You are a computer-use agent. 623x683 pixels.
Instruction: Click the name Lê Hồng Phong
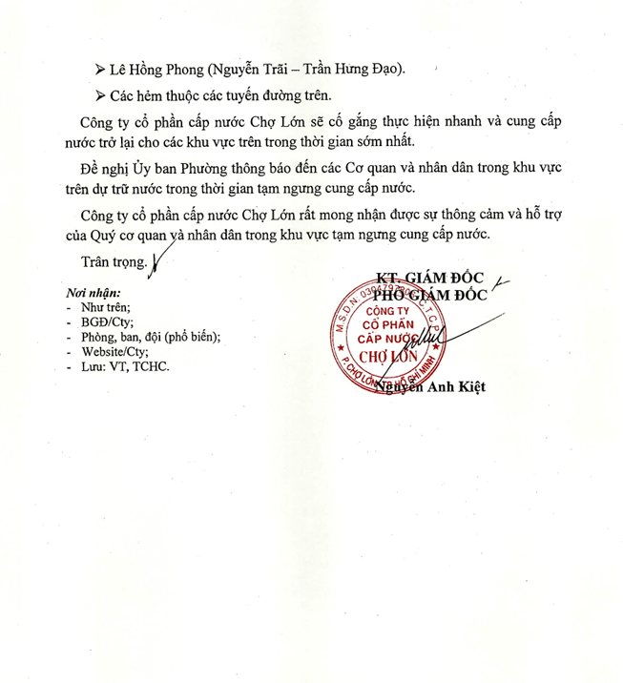tap(152, 69)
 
